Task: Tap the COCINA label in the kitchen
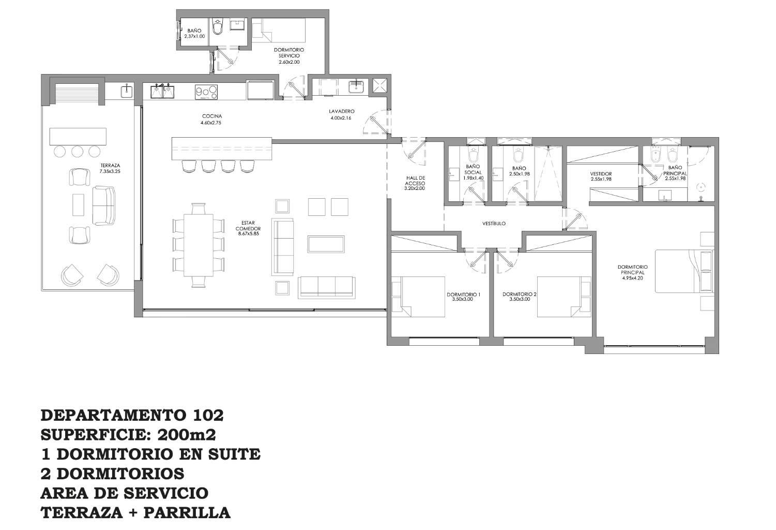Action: [x=212, y=116]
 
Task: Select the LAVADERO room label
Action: [x=342, y=111]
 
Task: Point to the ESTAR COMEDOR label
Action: [x=248, y=226]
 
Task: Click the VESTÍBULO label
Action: [x=494, y=224]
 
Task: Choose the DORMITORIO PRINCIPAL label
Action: [x=633, y=270]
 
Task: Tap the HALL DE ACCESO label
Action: [x=415, y=181]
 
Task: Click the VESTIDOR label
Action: [x=601, y=174]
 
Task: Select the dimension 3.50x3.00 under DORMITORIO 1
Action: [x=463, y=299]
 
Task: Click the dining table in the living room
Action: [x=198, y=245]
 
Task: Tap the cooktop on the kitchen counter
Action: [x=207, y=92]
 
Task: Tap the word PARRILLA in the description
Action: [x=187, y=512]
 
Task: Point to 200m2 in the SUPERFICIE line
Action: [x=187, y=435]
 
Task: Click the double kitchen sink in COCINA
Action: [x=162, y=92]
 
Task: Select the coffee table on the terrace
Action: [x=78, y=204]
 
